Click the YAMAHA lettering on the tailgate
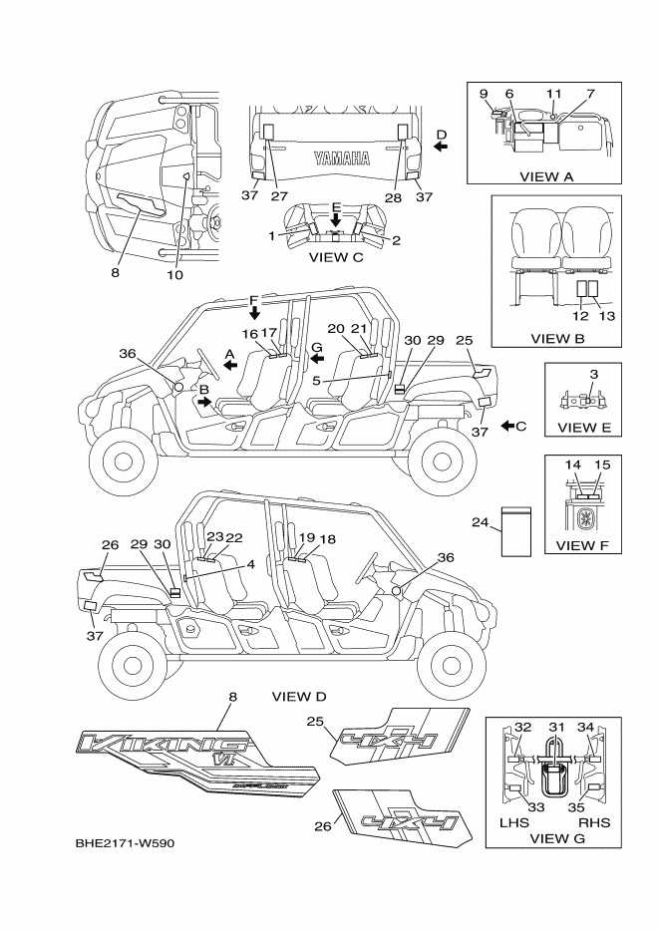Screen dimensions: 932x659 coord(341,157)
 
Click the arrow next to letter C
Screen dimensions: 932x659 coord(508,426)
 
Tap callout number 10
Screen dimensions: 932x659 coord(175,275)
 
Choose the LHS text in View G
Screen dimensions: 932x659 coord(506,823)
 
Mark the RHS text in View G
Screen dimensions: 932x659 coord(595,823)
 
